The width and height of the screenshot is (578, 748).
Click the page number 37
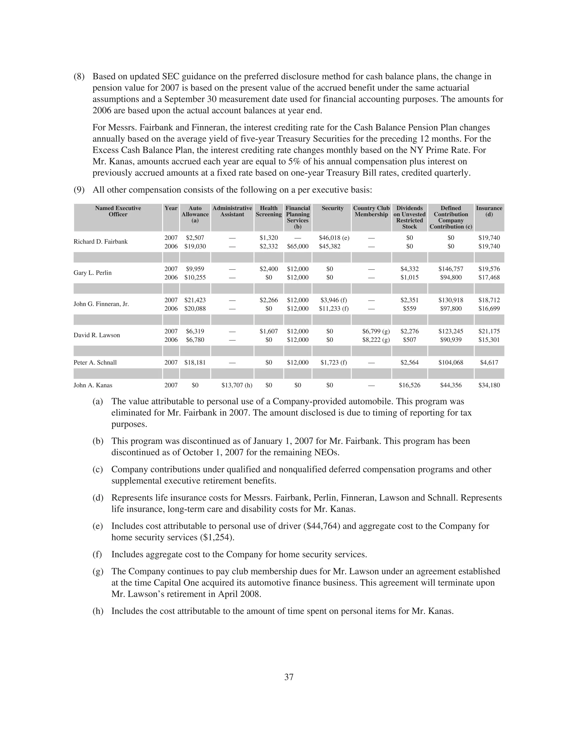tap(289, 677)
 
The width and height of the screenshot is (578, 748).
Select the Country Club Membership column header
tap(371, 211)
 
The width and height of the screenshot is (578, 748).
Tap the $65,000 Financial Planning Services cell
tap(297, 246)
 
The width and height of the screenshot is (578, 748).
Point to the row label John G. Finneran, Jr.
tap(101, 304)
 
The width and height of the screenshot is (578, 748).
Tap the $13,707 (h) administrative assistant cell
tap(237, 385)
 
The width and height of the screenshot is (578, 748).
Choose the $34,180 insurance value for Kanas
tap(489, 385)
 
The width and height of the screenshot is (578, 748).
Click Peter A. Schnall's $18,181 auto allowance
tap(195, 362)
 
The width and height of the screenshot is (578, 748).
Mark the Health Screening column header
tap(268, 211)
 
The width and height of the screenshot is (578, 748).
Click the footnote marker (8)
tap(79, 76)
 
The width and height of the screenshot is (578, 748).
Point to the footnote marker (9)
tap(79, 190)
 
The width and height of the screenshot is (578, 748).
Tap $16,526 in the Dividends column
tap(410, 385)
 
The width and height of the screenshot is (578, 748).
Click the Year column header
tap(171, 208)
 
